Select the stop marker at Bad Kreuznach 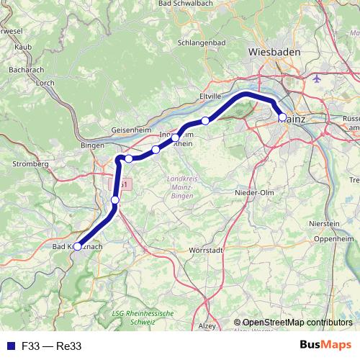click(x=78, y=246)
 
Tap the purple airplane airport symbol click(x=320, y=78)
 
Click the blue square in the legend click(x=10, y=346)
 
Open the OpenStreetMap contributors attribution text click(x=297, y=323)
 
